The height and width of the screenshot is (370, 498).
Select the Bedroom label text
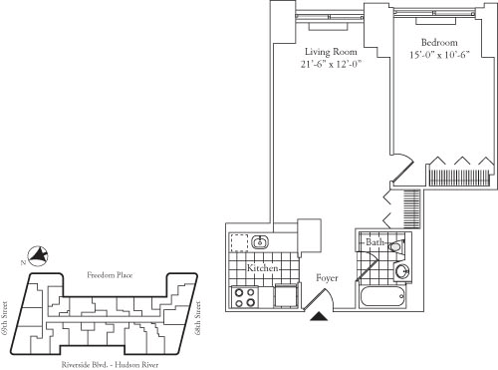[x=438, y=42]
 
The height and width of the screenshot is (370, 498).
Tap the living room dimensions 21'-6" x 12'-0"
[x=330, y=65]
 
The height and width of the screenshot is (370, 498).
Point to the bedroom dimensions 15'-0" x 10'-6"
[x=438, y=56]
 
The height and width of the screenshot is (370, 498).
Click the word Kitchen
[x=261, y=269]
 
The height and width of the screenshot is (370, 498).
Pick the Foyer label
[x=329, y=277]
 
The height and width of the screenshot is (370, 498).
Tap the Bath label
[x=375, y=243]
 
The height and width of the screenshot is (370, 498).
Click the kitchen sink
[x=261, y=242]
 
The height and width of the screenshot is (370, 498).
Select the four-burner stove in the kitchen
[x=245, y=296]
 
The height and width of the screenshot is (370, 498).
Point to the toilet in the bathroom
[x=396, y=245]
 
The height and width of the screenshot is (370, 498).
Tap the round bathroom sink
[x=401, y=270]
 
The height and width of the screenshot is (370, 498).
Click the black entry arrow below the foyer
[x=320, y=316]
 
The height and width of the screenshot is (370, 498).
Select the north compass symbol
[x=39, y=256]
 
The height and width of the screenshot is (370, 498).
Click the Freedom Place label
[x=110, y=275]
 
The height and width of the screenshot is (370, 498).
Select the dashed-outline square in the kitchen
[x=239, y=242]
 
